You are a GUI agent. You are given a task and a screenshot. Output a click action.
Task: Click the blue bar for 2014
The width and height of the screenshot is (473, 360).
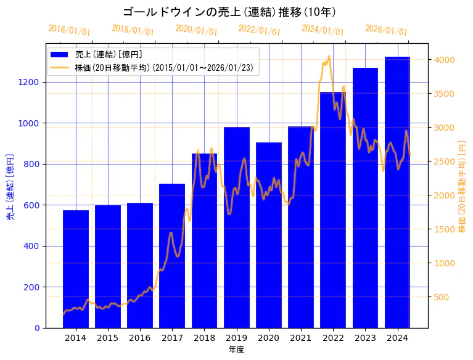76,269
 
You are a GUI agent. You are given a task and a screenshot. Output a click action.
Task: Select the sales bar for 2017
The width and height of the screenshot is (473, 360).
172,256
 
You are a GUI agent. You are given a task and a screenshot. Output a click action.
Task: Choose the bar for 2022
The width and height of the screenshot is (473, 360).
333,210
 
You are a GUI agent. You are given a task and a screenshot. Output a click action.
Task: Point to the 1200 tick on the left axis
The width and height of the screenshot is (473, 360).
30,82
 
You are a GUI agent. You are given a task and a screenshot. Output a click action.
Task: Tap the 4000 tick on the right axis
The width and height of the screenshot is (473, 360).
443,60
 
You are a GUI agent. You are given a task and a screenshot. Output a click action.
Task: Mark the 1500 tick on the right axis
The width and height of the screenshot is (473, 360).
443,229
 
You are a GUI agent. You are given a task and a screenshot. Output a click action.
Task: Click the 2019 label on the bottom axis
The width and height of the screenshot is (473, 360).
236,338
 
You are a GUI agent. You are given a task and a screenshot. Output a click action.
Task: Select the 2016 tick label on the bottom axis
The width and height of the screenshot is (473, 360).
140,338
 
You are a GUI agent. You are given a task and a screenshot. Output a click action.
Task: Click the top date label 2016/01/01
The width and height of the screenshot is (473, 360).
69,30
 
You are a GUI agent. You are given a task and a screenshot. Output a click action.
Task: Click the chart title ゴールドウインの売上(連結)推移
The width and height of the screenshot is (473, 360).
229,12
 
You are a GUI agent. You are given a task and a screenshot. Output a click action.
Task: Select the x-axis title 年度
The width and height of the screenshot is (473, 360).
236,350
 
